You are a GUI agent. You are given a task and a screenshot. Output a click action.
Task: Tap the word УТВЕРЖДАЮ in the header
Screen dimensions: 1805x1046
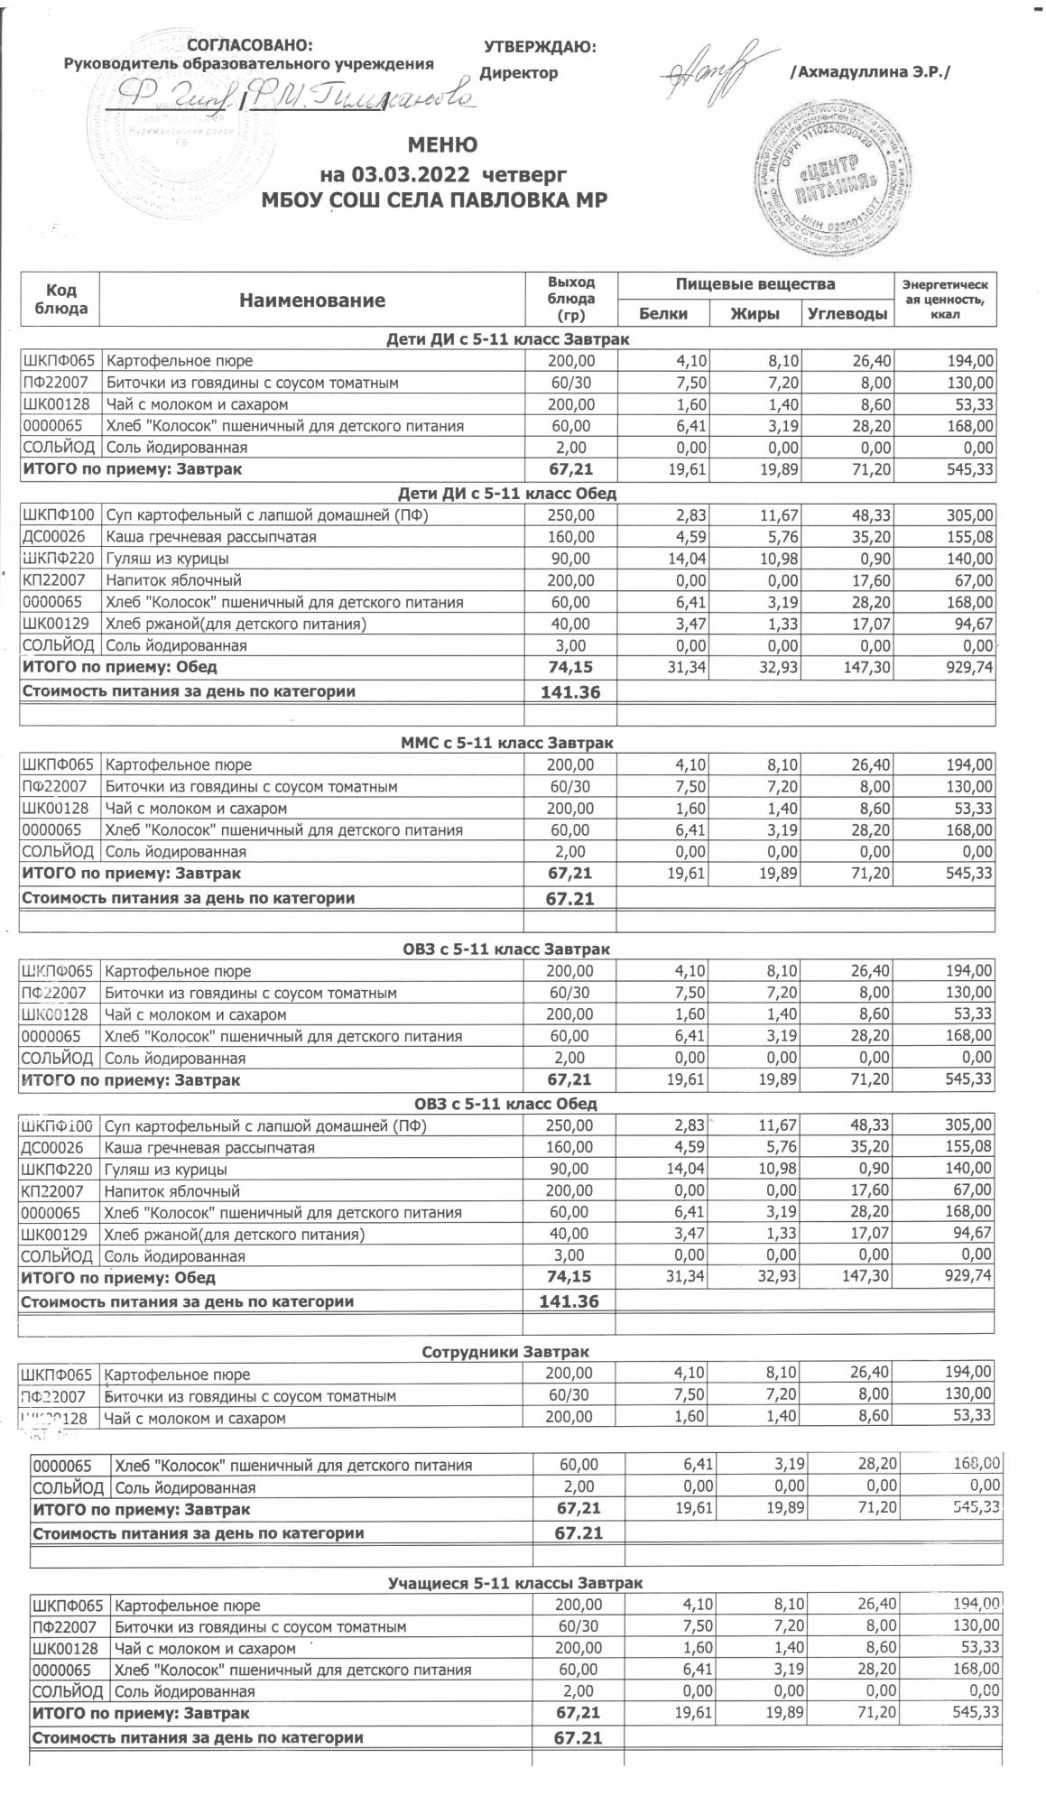540,48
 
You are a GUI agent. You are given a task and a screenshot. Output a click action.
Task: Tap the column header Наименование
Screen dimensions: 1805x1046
312,301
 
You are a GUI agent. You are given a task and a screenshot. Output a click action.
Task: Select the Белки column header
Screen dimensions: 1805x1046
662,314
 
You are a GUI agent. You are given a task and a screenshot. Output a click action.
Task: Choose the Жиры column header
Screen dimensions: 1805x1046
754,314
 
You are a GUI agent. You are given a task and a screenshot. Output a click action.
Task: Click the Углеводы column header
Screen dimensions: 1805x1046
847,314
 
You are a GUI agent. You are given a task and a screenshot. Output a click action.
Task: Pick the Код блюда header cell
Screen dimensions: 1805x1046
60,299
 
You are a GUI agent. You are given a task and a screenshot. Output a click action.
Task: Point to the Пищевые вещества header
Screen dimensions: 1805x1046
755,285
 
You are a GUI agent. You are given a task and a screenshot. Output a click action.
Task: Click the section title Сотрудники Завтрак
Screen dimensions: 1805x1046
505,1352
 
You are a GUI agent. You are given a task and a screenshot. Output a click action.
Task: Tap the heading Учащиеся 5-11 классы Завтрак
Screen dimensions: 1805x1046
514,1584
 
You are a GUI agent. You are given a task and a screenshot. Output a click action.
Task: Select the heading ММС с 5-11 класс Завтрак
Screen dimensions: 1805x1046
506,743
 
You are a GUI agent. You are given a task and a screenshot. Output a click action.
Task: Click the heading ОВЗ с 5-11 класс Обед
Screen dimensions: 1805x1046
505,1104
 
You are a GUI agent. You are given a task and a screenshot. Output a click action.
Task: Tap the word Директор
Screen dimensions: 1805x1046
518,73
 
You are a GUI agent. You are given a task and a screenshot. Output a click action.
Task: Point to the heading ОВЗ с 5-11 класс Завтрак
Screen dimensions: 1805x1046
505,949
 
